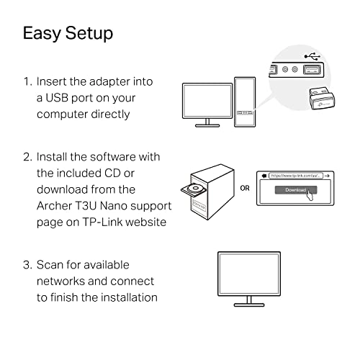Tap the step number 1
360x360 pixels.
(x=27, y=83)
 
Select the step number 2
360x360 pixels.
(x=27, y=156)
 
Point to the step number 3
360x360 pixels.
(x=27, y=265)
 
